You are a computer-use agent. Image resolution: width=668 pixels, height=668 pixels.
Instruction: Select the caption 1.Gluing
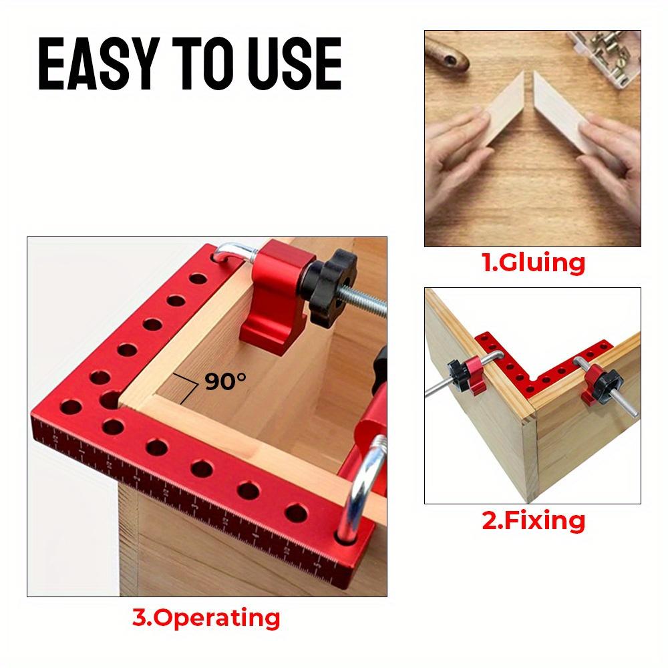click(533, 263)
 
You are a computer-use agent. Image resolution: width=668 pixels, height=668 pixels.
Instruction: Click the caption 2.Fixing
click(533, 520)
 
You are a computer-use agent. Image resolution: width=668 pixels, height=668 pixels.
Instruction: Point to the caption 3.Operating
click(206, 617)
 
